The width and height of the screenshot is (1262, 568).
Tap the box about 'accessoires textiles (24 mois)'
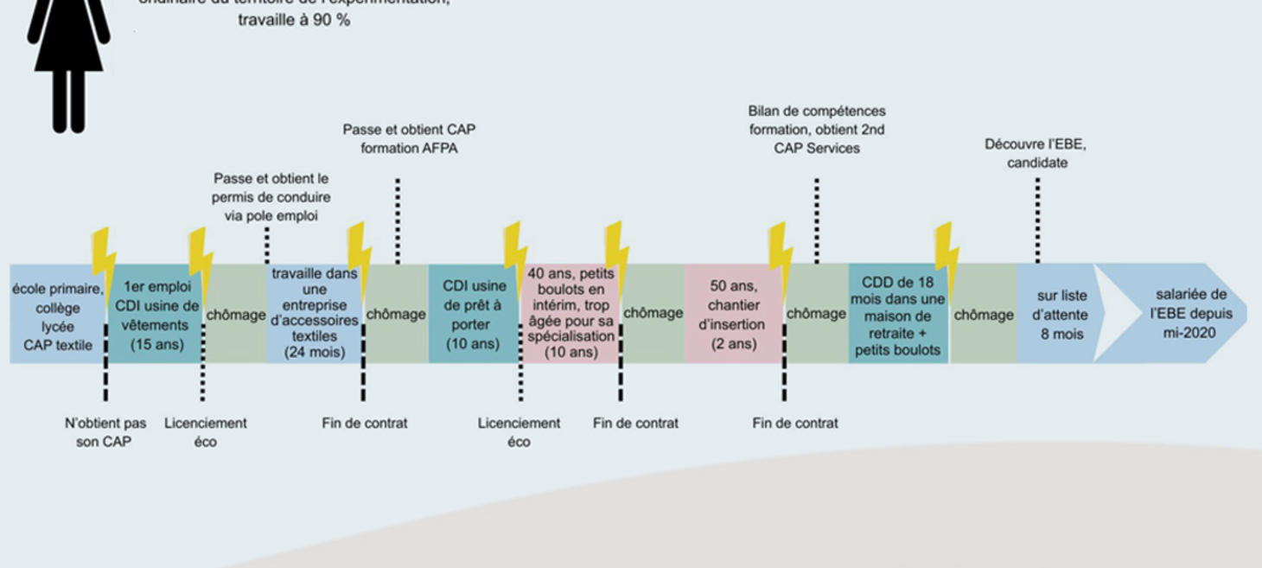(x=314, y=313)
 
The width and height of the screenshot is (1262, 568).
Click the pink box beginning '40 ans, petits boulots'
(x=570, y=313)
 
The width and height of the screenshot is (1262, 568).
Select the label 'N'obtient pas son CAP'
(x=105, y=432)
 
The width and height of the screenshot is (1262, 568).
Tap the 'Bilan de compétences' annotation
(x=816, y=130)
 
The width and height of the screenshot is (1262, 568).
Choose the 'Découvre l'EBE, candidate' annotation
(x=1036, y=153)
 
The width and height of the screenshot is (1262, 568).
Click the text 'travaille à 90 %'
(x=294, y=19)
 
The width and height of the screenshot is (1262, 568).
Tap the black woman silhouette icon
(x=68, y=61)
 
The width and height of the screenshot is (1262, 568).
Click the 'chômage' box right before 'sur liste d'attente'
(x=984, y=315)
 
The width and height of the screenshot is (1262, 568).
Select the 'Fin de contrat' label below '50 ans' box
(x=794, y=423)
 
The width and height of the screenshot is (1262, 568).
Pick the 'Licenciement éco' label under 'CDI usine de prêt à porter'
(x=519, y=432)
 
